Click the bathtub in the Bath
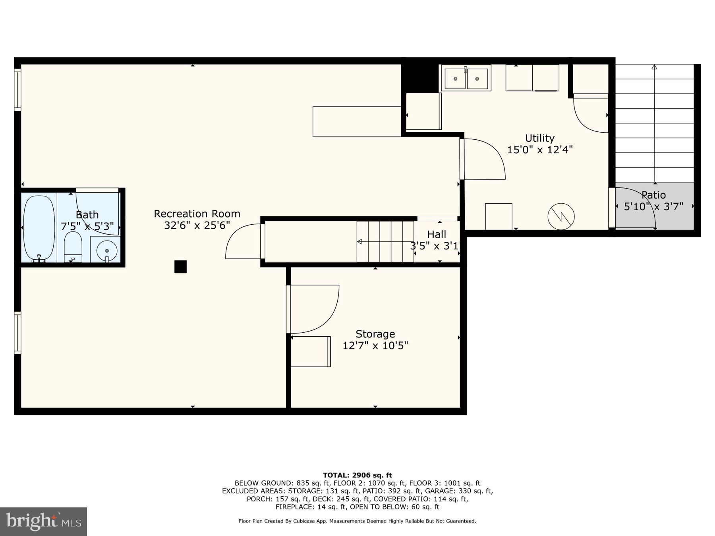click(x=39, y=228)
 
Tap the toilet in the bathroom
click(x=73, y=247)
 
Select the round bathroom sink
click(x=107, y=251)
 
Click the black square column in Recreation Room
click(x=180, y=266)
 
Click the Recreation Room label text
click(x=197, y=214)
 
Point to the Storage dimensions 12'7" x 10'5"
click(x=375, y=346)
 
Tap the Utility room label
click(x=539, y=138)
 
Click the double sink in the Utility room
click(x=466, y=78)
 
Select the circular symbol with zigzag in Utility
click(x=561, y=216)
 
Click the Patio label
click(x=653, y=195)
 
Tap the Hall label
click(x=437, y=234)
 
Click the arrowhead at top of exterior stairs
click(x=654, y=67)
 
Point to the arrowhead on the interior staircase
click(x=359, y=241)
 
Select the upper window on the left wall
click(x=17, y=90)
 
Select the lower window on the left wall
click(x=17, y=333)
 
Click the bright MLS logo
click(x=44, y=521)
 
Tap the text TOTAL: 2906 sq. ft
click(x=357, y=475)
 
